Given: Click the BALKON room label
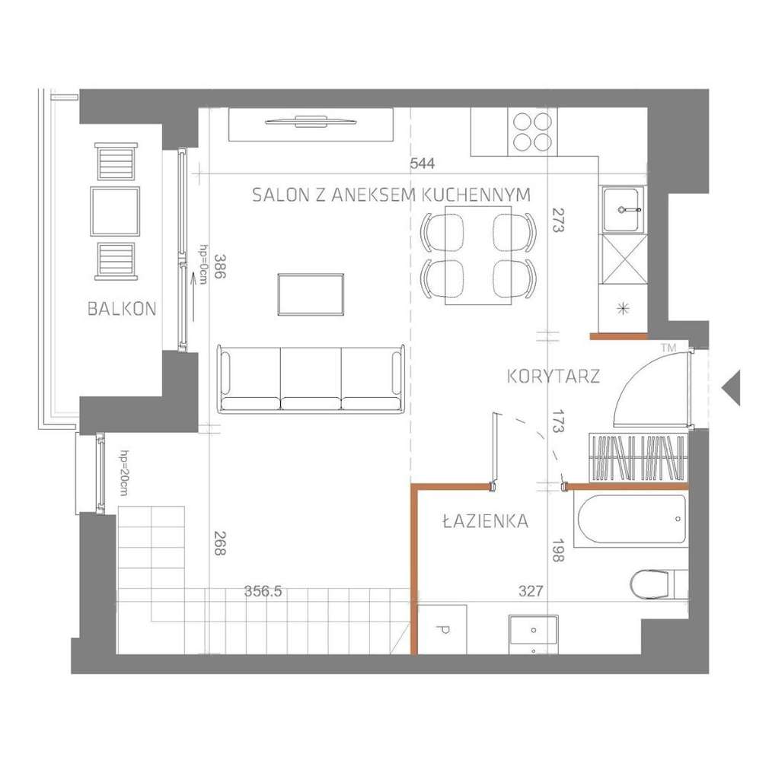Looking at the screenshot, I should tap(122, 309).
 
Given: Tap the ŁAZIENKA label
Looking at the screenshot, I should tap(486, 521).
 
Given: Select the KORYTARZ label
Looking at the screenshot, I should tap(553, 376).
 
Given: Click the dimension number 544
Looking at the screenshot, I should tap(423, 164).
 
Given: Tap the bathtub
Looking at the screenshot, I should tap(632, 520).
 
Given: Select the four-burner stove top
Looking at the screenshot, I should tap(532, 131).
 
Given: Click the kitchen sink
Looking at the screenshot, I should tap(623, 208).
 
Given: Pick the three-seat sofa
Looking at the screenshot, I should tap(311, 378).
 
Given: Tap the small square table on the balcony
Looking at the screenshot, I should tap(115, 211).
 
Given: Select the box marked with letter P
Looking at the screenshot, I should tap(442, 628).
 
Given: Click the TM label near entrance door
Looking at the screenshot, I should tap(668, 348).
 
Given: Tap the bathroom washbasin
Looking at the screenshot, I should tap(533, 631).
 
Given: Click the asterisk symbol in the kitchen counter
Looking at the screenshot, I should tap(624, 308).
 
